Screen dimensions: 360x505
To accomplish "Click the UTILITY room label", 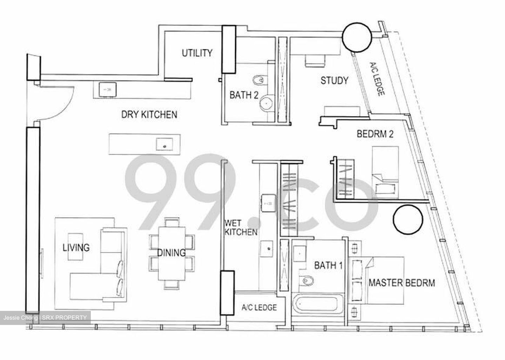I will [x=197, y=53].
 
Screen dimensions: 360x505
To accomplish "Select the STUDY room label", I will [x=334, y=81].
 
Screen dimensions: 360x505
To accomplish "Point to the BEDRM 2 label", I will [x=375, y=134].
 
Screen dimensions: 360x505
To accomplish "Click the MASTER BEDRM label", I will [x=401, y=283].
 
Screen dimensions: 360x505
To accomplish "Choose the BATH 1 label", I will [x=328, y=265].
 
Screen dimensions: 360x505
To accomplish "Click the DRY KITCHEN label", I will [x=149, y=115].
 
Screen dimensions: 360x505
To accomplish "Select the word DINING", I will [x=171, y=252].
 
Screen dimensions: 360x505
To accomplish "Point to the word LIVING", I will [x=76, y=247].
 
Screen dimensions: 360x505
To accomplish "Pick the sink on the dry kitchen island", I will [x=164, y=144].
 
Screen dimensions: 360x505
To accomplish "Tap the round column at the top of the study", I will [x=357, y=38].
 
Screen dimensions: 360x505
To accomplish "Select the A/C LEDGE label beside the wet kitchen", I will [x=259, y=307].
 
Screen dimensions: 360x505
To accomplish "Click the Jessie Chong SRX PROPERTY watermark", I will [x=45, y=318].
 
